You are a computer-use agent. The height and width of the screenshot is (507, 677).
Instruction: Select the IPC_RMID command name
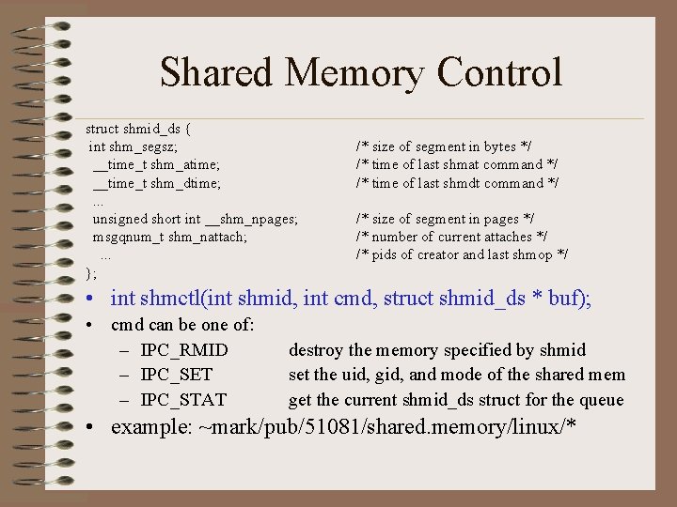(x=184, y=350)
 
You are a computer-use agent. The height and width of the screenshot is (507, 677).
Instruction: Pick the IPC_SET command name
(x=177, y=375)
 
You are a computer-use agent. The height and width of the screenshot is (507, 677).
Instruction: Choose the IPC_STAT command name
(x=183, y=400)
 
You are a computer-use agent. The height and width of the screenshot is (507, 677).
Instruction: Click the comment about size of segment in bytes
(x=443, y=146)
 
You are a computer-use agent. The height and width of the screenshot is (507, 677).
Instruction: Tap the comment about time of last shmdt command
(x=457, y=183)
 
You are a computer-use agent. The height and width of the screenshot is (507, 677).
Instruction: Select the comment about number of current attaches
(x=451, y=237)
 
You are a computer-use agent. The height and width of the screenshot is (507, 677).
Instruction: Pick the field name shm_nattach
(x=208, y=237)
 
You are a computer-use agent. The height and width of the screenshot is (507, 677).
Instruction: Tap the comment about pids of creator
(x=461, y=254)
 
